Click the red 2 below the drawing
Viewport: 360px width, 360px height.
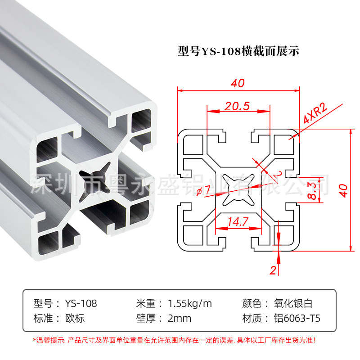(272, 270)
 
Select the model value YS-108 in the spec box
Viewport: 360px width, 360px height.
(81, 303)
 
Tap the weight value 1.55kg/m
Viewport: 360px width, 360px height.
(189, 303)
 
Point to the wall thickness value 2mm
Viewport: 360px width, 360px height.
(179, 319)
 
